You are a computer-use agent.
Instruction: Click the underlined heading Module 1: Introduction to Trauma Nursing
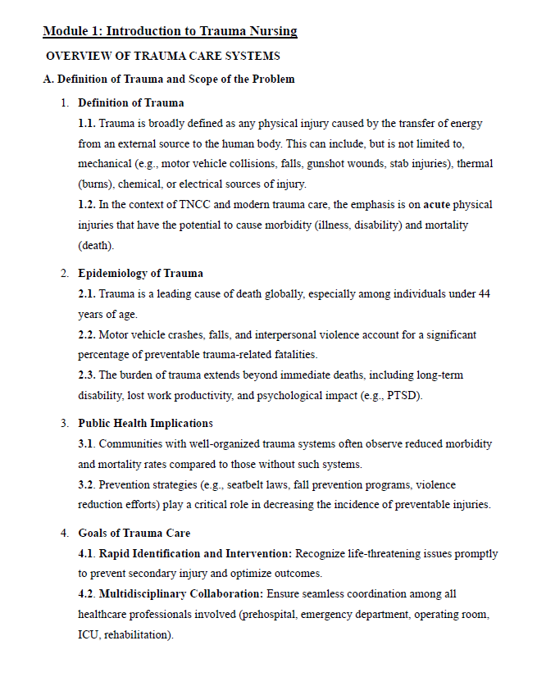click(170, 32)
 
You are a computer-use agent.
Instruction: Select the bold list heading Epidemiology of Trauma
click(140, 273)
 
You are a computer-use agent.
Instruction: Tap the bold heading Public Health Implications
click(145, 423)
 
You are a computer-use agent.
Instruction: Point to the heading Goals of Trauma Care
click(134, 533)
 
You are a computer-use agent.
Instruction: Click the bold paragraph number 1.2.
click(87, 204)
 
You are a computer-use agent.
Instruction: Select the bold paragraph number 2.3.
click(87, 375)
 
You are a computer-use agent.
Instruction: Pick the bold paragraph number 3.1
click(87, 443)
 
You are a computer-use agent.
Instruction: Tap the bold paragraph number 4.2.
click(87, 593)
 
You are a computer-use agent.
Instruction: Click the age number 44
click(483, 293)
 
